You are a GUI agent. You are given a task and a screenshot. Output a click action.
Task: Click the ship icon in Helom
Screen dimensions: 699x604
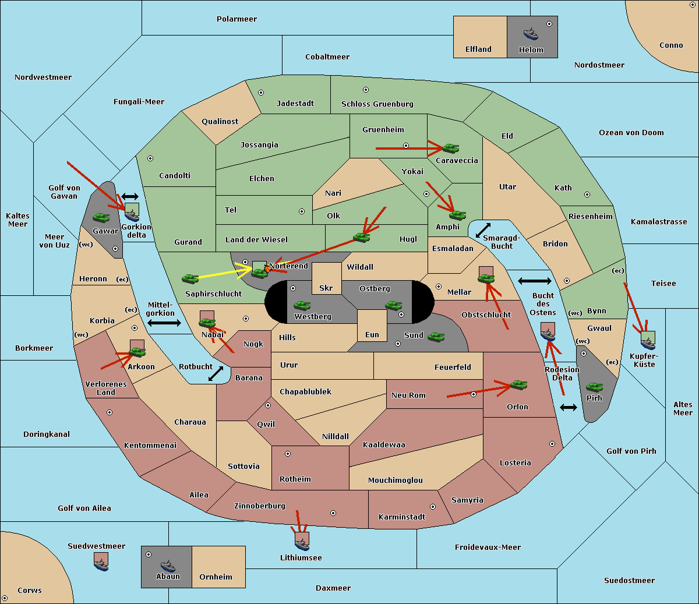(x=531, y=34)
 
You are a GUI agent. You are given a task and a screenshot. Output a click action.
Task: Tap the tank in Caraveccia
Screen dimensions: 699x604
(x=451, y=148)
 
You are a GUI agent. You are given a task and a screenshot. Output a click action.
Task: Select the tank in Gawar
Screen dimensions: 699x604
(x=101, y=217)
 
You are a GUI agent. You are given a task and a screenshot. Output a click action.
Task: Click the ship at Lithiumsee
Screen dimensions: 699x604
(x=302, y=545)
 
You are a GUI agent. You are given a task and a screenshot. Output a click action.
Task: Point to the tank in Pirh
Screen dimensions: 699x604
(x=594, y=387)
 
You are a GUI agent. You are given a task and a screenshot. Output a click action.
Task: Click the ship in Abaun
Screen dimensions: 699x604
(x=168, y=566)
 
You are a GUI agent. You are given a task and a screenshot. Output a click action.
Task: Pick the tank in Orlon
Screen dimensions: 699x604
(x=519, y=385)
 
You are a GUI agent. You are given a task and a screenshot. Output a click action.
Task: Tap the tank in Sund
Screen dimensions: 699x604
(x=436, y=337)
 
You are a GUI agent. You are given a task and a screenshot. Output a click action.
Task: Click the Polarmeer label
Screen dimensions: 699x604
(x=236, y=19)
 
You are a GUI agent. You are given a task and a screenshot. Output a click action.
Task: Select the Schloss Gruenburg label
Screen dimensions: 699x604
(x=377, y=104)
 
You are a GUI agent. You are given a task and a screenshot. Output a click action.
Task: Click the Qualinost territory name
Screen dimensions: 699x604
(x=220, y=121)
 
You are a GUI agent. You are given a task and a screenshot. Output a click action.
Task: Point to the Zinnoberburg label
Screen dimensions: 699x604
(x=260, y=506)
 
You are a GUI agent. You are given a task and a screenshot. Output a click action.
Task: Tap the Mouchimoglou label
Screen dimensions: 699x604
(x=396, y=480)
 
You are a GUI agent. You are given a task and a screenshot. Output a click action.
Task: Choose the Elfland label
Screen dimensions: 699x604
(x=478, y=50)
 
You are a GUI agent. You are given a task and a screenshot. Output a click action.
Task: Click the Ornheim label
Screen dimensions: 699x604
(x=216, y=577)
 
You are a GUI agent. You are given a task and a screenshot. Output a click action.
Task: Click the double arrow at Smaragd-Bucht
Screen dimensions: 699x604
(x=483, y=230)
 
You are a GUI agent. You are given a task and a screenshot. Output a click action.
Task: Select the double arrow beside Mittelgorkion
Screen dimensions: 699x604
(x=164, y=323)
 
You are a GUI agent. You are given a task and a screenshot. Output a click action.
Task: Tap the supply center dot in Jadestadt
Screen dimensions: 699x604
(x=261, y=93)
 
